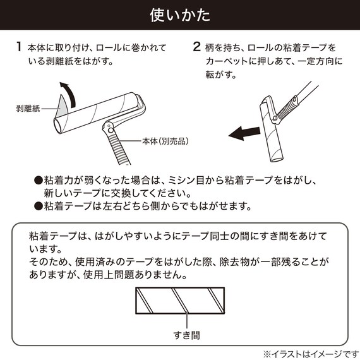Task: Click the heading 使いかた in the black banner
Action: pyautogui.click(x=180, y=15)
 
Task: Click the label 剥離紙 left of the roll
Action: pyautogui.click(x=28, y=109)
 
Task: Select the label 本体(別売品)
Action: pyautogui.click(x=165, y=141)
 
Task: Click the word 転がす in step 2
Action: pyautogui.click(x=219, y=75)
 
